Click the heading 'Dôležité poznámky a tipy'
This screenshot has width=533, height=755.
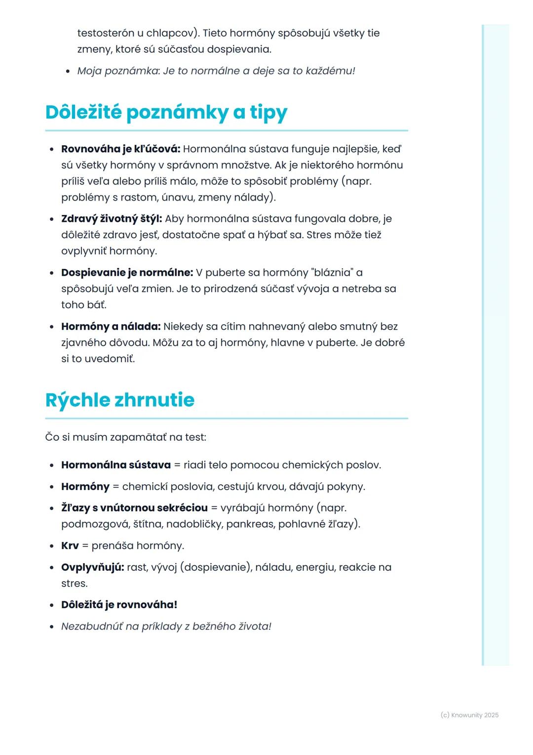[166, 113]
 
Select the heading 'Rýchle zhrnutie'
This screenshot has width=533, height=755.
[119, 400]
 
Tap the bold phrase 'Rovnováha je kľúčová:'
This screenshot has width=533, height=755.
[120, 149]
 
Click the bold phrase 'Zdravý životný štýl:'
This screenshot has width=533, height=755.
[112, 218]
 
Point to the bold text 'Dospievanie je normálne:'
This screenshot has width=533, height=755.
[127, 272]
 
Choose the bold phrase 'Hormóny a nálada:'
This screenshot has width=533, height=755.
[111, 326]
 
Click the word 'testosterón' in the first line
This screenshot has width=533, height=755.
[106, 33]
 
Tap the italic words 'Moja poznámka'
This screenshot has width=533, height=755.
[117, 71]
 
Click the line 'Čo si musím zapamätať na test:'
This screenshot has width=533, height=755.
[125, 437]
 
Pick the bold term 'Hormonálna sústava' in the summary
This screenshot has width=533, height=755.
[115, 465]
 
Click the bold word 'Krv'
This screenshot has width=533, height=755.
[70, 545]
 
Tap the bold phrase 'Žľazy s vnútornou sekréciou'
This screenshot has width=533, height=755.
[134, 508]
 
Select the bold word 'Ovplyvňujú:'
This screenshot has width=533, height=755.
[92, 567]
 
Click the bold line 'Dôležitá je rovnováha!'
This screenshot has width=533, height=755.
[119, 605]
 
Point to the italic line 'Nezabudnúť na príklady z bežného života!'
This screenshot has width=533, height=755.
[166, 627]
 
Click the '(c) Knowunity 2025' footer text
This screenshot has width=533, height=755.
[469, 715]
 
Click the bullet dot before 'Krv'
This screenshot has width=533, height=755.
[52, 546]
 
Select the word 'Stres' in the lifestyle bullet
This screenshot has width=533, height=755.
[318, 234]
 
